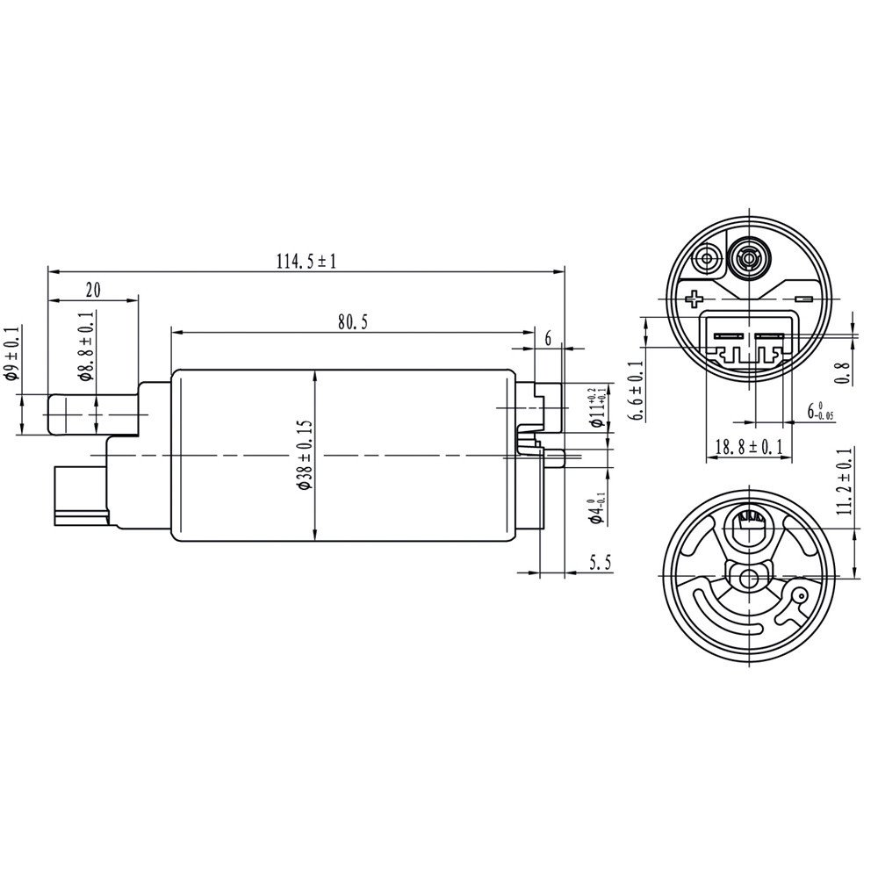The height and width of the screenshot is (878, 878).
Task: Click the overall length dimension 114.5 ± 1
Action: [306, 261]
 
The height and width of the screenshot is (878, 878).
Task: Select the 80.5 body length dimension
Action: [349, 322]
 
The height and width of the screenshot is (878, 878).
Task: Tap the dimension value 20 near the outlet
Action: [93, 290]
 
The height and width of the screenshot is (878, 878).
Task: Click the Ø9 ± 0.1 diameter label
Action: [10, 353]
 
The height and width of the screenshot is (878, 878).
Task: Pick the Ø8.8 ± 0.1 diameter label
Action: [84, 346]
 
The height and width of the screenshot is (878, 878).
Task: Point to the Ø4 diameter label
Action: [598, 506]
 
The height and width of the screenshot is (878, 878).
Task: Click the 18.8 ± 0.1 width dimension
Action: [748, 448]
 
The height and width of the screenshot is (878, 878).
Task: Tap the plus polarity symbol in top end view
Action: [694, 299]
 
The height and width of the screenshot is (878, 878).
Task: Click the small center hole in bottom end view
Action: [749, 578]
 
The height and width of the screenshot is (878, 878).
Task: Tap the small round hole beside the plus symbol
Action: [703, 260]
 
